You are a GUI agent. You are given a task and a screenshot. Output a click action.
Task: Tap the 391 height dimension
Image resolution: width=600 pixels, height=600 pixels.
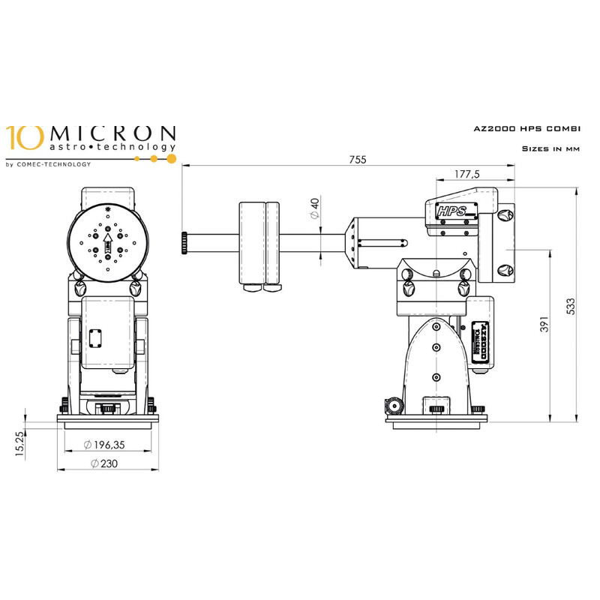click(544, 324)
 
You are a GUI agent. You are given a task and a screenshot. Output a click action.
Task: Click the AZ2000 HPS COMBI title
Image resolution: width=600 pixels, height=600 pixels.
click(527, 130)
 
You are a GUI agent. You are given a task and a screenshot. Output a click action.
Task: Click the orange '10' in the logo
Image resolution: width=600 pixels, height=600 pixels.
click(19, 137)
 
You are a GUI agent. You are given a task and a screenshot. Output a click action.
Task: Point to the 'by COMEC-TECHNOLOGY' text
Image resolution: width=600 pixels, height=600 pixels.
click(48, 164)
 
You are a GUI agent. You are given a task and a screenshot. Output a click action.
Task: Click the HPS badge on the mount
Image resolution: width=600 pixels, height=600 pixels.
click(452, 211)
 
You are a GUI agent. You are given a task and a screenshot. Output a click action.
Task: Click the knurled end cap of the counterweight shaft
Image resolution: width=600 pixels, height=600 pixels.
click(184, 241)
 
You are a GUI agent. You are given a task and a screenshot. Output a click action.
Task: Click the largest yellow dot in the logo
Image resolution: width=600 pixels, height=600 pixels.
click(172, 158)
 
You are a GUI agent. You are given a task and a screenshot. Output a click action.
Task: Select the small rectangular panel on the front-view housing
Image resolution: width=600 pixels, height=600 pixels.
click(95, 337)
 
